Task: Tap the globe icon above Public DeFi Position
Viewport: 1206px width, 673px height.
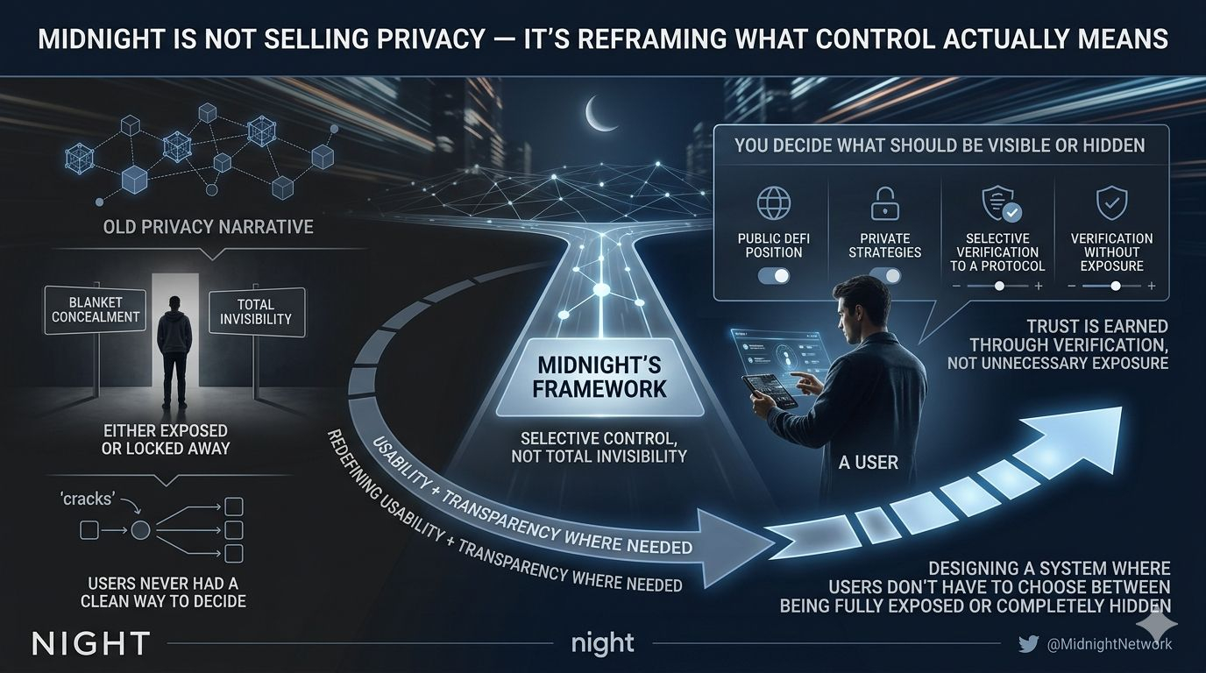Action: coord(773,204)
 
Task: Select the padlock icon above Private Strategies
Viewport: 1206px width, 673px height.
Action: coord(884,204)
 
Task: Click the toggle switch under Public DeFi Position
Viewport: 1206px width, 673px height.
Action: coord(773,275)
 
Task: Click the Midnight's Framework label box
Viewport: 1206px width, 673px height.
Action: coord(599,377)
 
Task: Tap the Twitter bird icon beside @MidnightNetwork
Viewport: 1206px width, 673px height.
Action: coord(1028,644)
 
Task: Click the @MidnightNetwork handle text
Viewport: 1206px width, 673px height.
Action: coord(1110,644)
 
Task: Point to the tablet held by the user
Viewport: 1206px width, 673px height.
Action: coord(769,392)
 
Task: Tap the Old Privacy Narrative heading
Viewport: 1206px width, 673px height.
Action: coord(208,227)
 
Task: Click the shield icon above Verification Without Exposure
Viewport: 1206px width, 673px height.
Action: coord(1111,204)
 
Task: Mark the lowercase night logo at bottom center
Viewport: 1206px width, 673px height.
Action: coord(602,644)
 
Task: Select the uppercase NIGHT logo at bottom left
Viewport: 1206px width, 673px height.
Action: coord(90,644)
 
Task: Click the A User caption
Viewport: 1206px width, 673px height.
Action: coord(868,462)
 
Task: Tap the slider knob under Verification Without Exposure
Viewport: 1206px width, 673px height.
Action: coord(1115,286)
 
